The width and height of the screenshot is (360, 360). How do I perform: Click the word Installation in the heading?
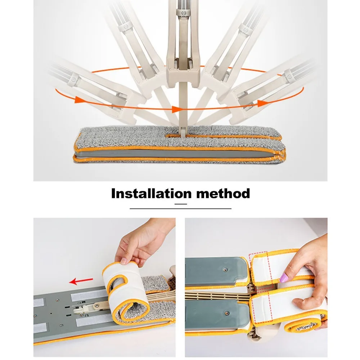pyautogui.click(x=151, y=193)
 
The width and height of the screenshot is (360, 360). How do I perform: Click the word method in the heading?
pyautogui.click(x=223, y=193)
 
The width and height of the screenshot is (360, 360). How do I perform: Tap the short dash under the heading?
pyautogui.click(x=181, y=204)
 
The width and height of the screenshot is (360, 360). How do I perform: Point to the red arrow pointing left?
pyautogui.click(x=81, y=280)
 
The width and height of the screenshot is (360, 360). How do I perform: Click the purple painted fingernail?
pyautogui.click(x=284, y=278)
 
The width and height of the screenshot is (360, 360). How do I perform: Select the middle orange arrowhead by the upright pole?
pyautogui.click(x=176, y=109)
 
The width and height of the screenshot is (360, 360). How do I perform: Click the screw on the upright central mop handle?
pyautogui.click(x=184, y=13)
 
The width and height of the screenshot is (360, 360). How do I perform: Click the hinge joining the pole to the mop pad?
pyautogui.click(x=183, y=133)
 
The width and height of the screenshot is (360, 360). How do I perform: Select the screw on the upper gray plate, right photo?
pyautogui.click(x=225, y=270)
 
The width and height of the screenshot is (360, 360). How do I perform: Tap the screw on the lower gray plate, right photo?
pyautogui.click(x=227, y=313)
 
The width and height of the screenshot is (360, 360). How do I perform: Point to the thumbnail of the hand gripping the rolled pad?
pyautogui.click(x=125, y=261)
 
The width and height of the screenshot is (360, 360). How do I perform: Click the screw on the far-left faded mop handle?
pyautogui.click(x=74, y=80)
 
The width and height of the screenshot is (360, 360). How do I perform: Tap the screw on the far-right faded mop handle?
pyautogui.click(x=289, y=75)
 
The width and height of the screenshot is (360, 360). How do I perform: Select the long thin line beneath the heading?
pyautogui.click(x=180, y=208)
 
